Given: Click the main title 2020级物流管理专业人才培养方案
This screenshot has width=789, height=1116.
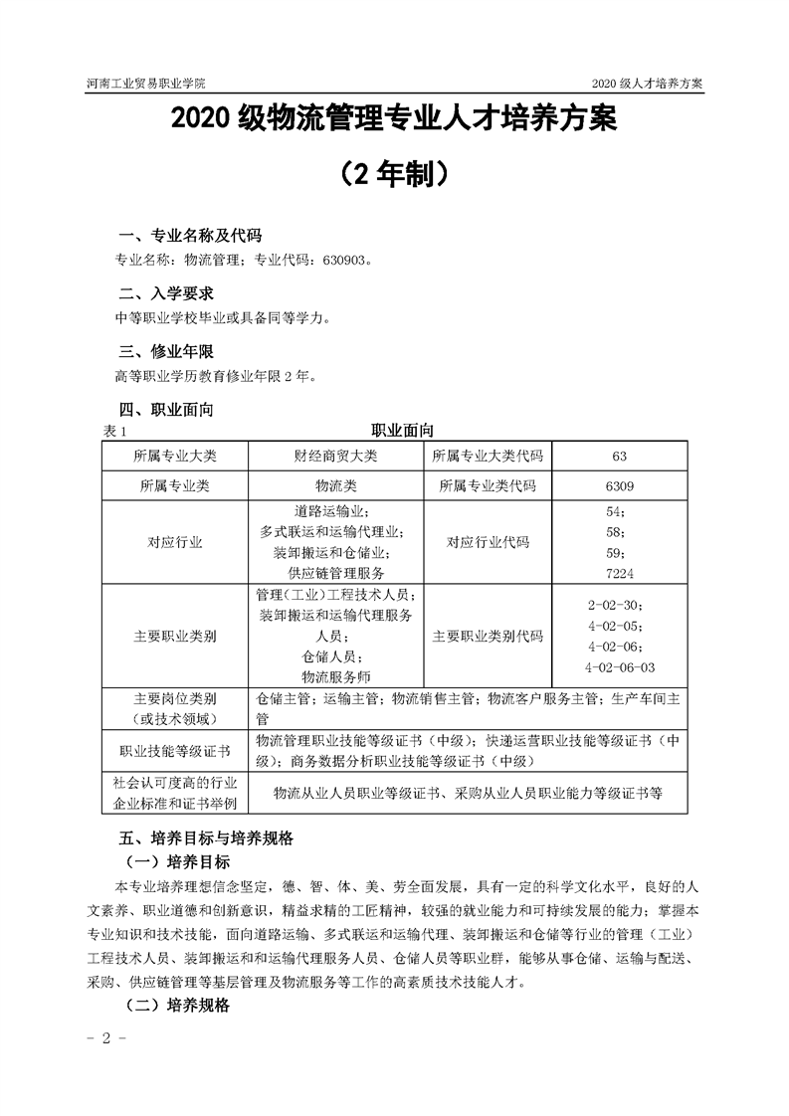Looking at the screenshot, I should point(394,120).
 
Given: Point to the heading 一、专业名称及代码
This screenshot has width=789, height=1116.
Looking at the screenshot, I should point(189,236).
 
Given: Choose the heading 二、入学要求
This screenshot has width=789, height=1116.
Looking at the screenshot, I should point(165,294).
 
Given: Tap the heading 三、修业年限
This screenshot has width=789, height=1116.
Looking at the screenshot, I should point(165,353).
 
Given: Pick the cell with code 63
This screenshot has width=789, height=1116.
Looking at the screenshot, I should point(619,456).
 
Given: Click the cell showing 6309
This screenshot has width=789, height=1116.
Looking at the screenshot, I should point(619,486).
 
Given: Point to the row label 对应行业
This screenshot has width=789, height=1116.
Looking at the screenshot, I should point(174,542).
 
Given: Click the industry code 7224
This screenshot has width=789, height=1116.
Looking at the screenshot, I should point(619,573).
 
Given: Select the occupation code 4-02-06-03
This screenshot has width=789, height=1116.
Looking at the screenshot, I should point(620,666).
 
